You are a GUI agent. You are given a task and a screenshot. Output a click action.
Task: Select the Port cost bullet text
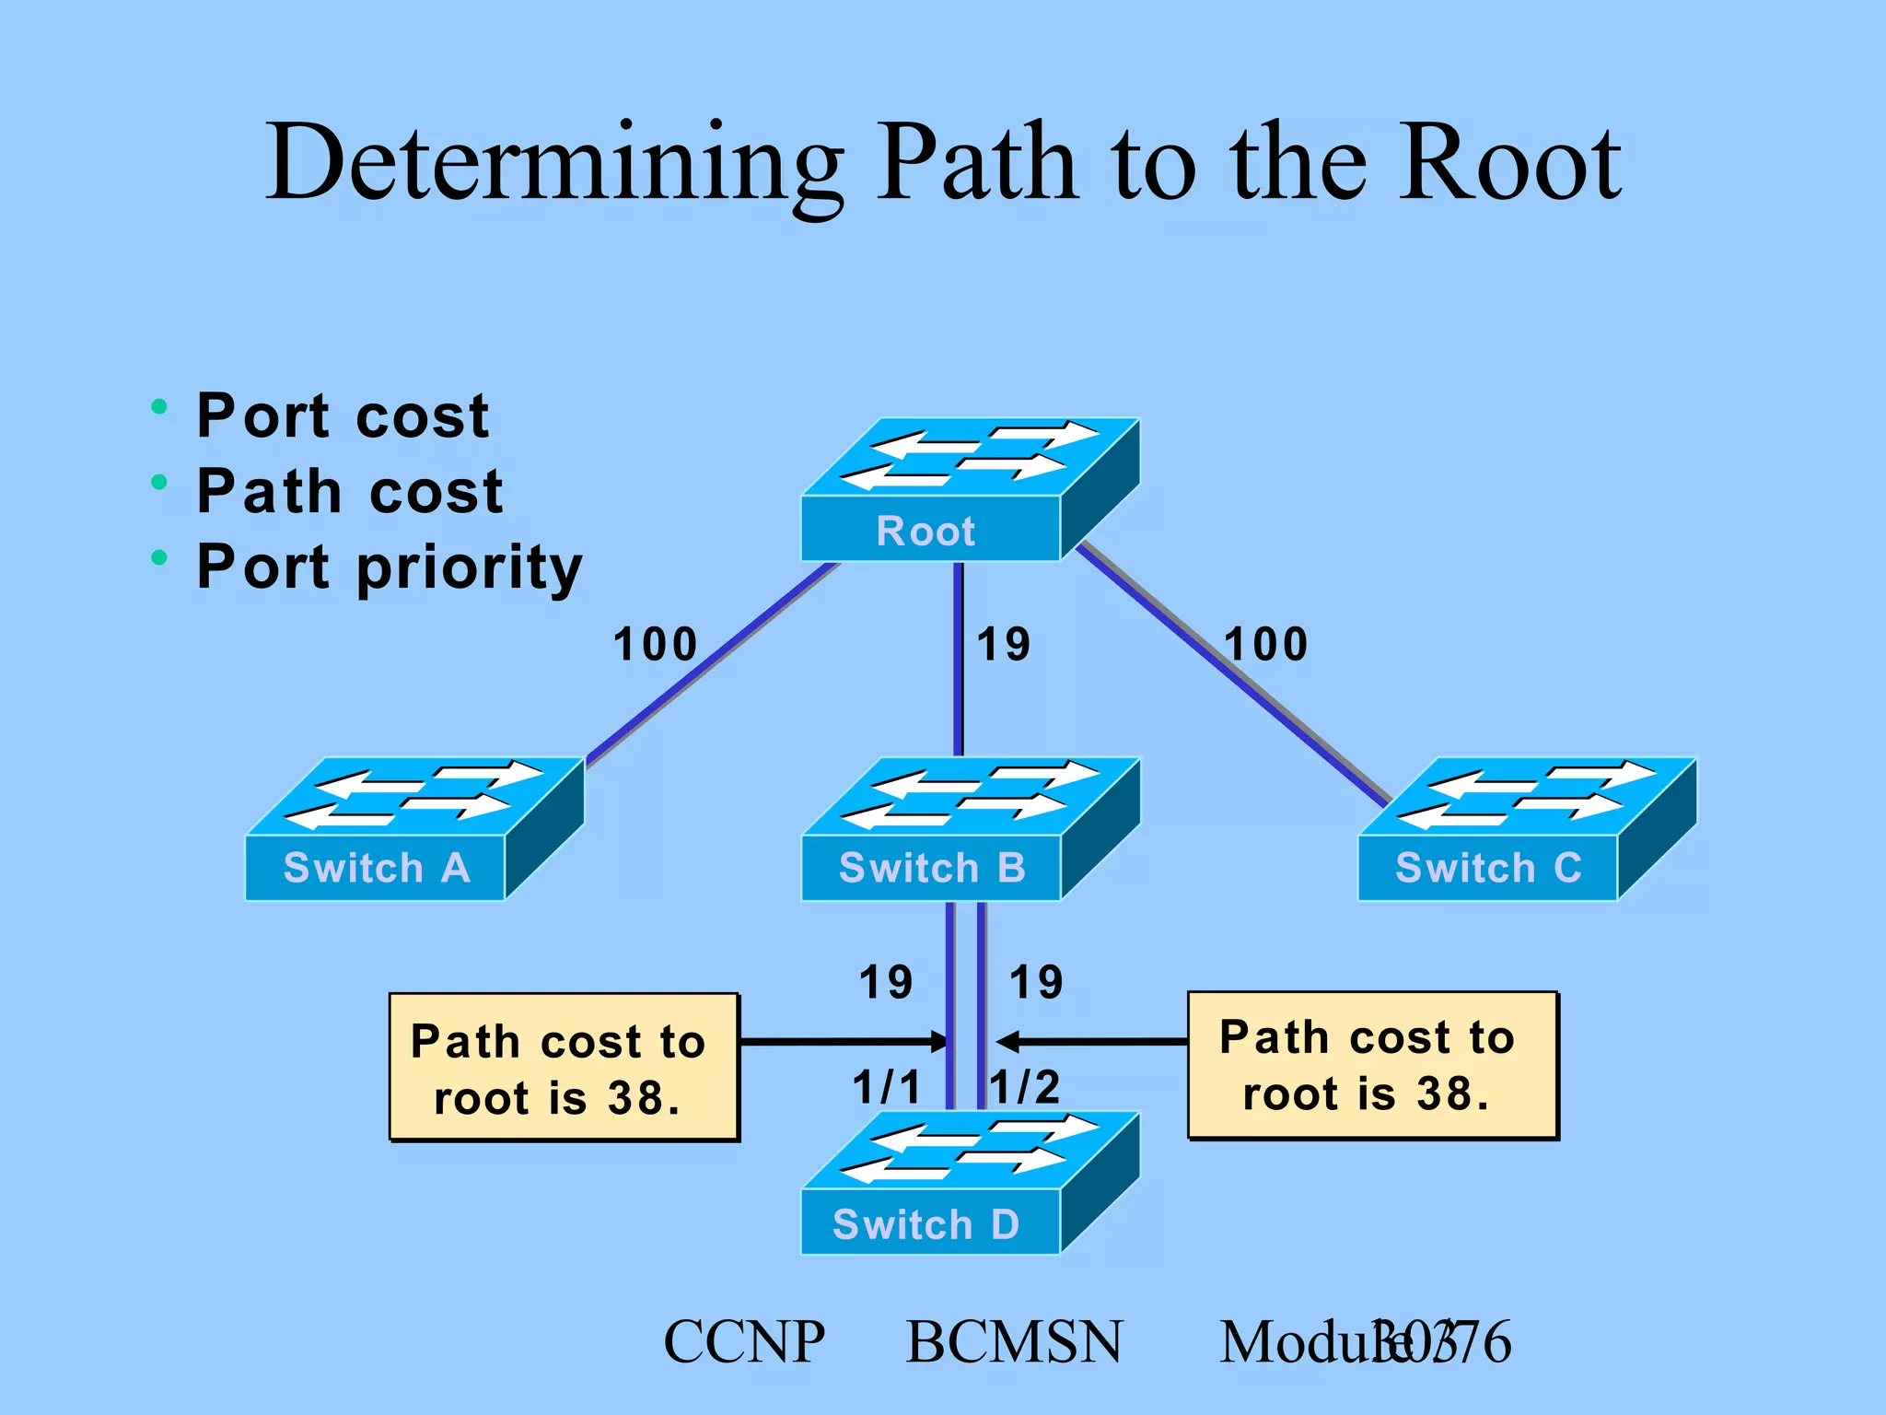(x=343, y=415)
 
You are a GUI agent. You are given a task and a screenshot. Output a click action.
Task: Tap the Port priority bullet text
(x=390, y=567)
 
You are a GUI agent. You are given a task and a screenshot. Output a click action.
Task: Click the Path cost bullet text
(x=350, y=491)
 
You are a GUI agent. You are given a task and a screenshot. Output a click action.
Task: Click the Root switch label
(x=926, y=532)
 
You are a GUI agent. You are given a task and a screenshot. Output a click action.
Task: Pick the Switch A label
(x=377, y=869)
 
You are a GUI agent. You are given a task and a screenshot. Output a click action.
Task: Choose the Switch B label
(x=932, y=869)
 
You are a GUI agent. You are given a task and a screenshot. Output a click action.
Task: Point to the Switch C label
(x=1488, y=869)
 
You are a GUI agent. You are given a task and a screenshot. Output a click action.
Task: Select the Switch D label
(x=926, y=1224)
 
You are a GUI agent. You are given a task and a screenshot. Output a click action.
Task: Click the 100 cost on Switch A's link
(x=655, y=644)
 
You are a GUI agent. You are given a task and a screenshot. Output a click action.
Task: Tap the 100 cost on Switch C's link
(x=1266, y=644)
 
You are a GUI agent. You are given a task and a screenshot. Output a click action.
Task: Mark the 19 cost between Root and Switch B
(x=1004, y=644)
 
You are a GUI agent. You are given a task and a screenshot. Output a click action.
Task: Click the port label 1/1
(x=886, y=1087)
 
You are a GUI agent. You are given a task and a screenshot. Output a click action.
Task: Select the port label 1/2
(x=1026, y=1087)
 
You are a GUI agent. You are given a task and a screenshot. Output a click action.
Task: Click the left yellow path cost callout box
(x=564, y=1068)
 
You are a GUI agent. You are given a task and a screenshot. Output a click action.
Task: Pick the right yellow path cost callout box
(x=1371, y=1065)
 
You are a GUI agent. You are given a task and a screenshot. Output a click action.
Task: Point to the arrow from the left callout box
(x=843, y=1042)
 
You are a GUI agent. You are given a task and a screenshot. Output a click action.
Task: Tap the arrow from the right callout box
(x=1092, y=1042)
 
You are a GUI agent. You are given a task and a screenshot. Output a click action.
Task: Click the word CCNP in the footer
(x=744, y=1342)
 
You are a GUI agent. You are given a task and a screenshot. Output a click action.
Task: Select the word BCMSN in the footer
(x=1014, y=1342)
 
